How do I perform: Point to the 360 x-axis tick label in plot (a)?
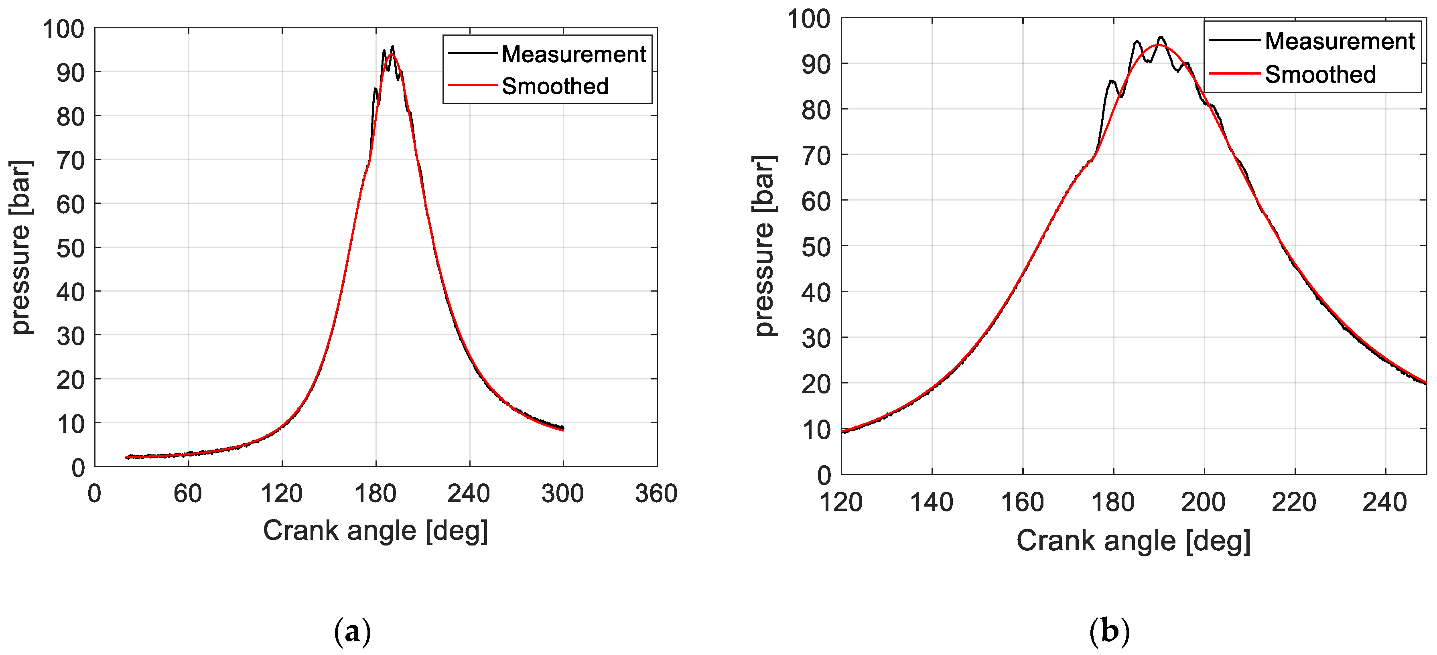(656, 493)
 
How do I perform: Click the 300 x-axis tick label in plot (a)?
(562, 493)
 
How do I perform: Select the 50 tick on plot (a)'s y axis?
(70, 248)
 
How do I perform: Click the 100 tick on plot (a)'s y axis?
(64, 29)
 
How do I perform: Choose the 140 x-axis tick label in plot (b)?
(931, 502)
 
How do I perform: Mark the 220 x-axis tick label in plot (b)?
(1294, 502)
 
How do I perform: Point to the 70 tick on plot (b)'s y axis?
(816, 156)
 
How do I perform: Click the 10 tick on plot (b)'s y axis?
(816, 430)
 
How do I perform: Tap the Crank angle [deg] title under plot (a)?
(375, 530)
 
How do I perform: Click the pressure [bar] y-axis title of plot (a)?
(21, 247)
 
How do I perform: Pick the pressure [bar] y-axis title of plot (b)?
(764, 245)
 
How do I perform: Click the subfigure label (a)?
(352, 632)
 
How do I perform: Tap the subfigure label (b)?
(1109, 632)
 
